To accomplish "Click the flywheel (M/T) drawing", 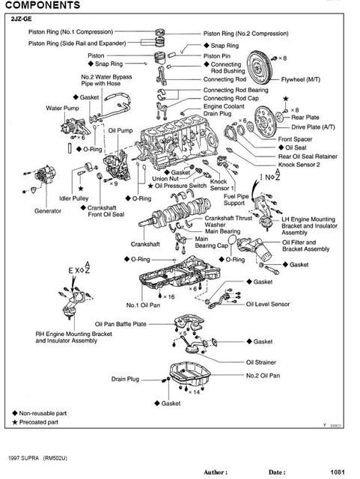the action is point(259,67).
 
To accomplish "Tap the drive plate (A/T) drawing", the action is point(265,121).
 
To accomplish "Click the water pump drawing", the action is point(73,126).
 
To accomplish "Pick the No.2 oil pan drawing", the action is point(190,375).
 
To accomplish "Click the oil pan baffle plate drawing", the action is point(189,321).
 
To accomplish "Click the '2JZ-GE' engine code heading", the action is point(22,19).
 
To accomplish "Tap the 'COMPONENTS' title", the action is point(43,5).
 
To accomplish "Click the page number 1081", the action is point(338,472).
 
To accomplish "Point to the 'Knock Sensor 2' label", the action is point(299,165).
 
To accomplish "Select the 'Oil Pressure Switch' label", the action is point(180,186).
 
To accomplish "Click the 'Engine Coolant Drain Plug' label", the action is point(224,110).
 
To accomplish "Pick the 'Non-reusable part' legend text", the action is point(43,413).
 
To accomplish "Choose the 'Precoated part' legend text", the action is point(39,422).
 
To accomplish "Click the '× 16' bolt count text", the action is point(168,296).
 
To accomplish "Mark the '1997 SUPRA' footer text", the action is point(23,458).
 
